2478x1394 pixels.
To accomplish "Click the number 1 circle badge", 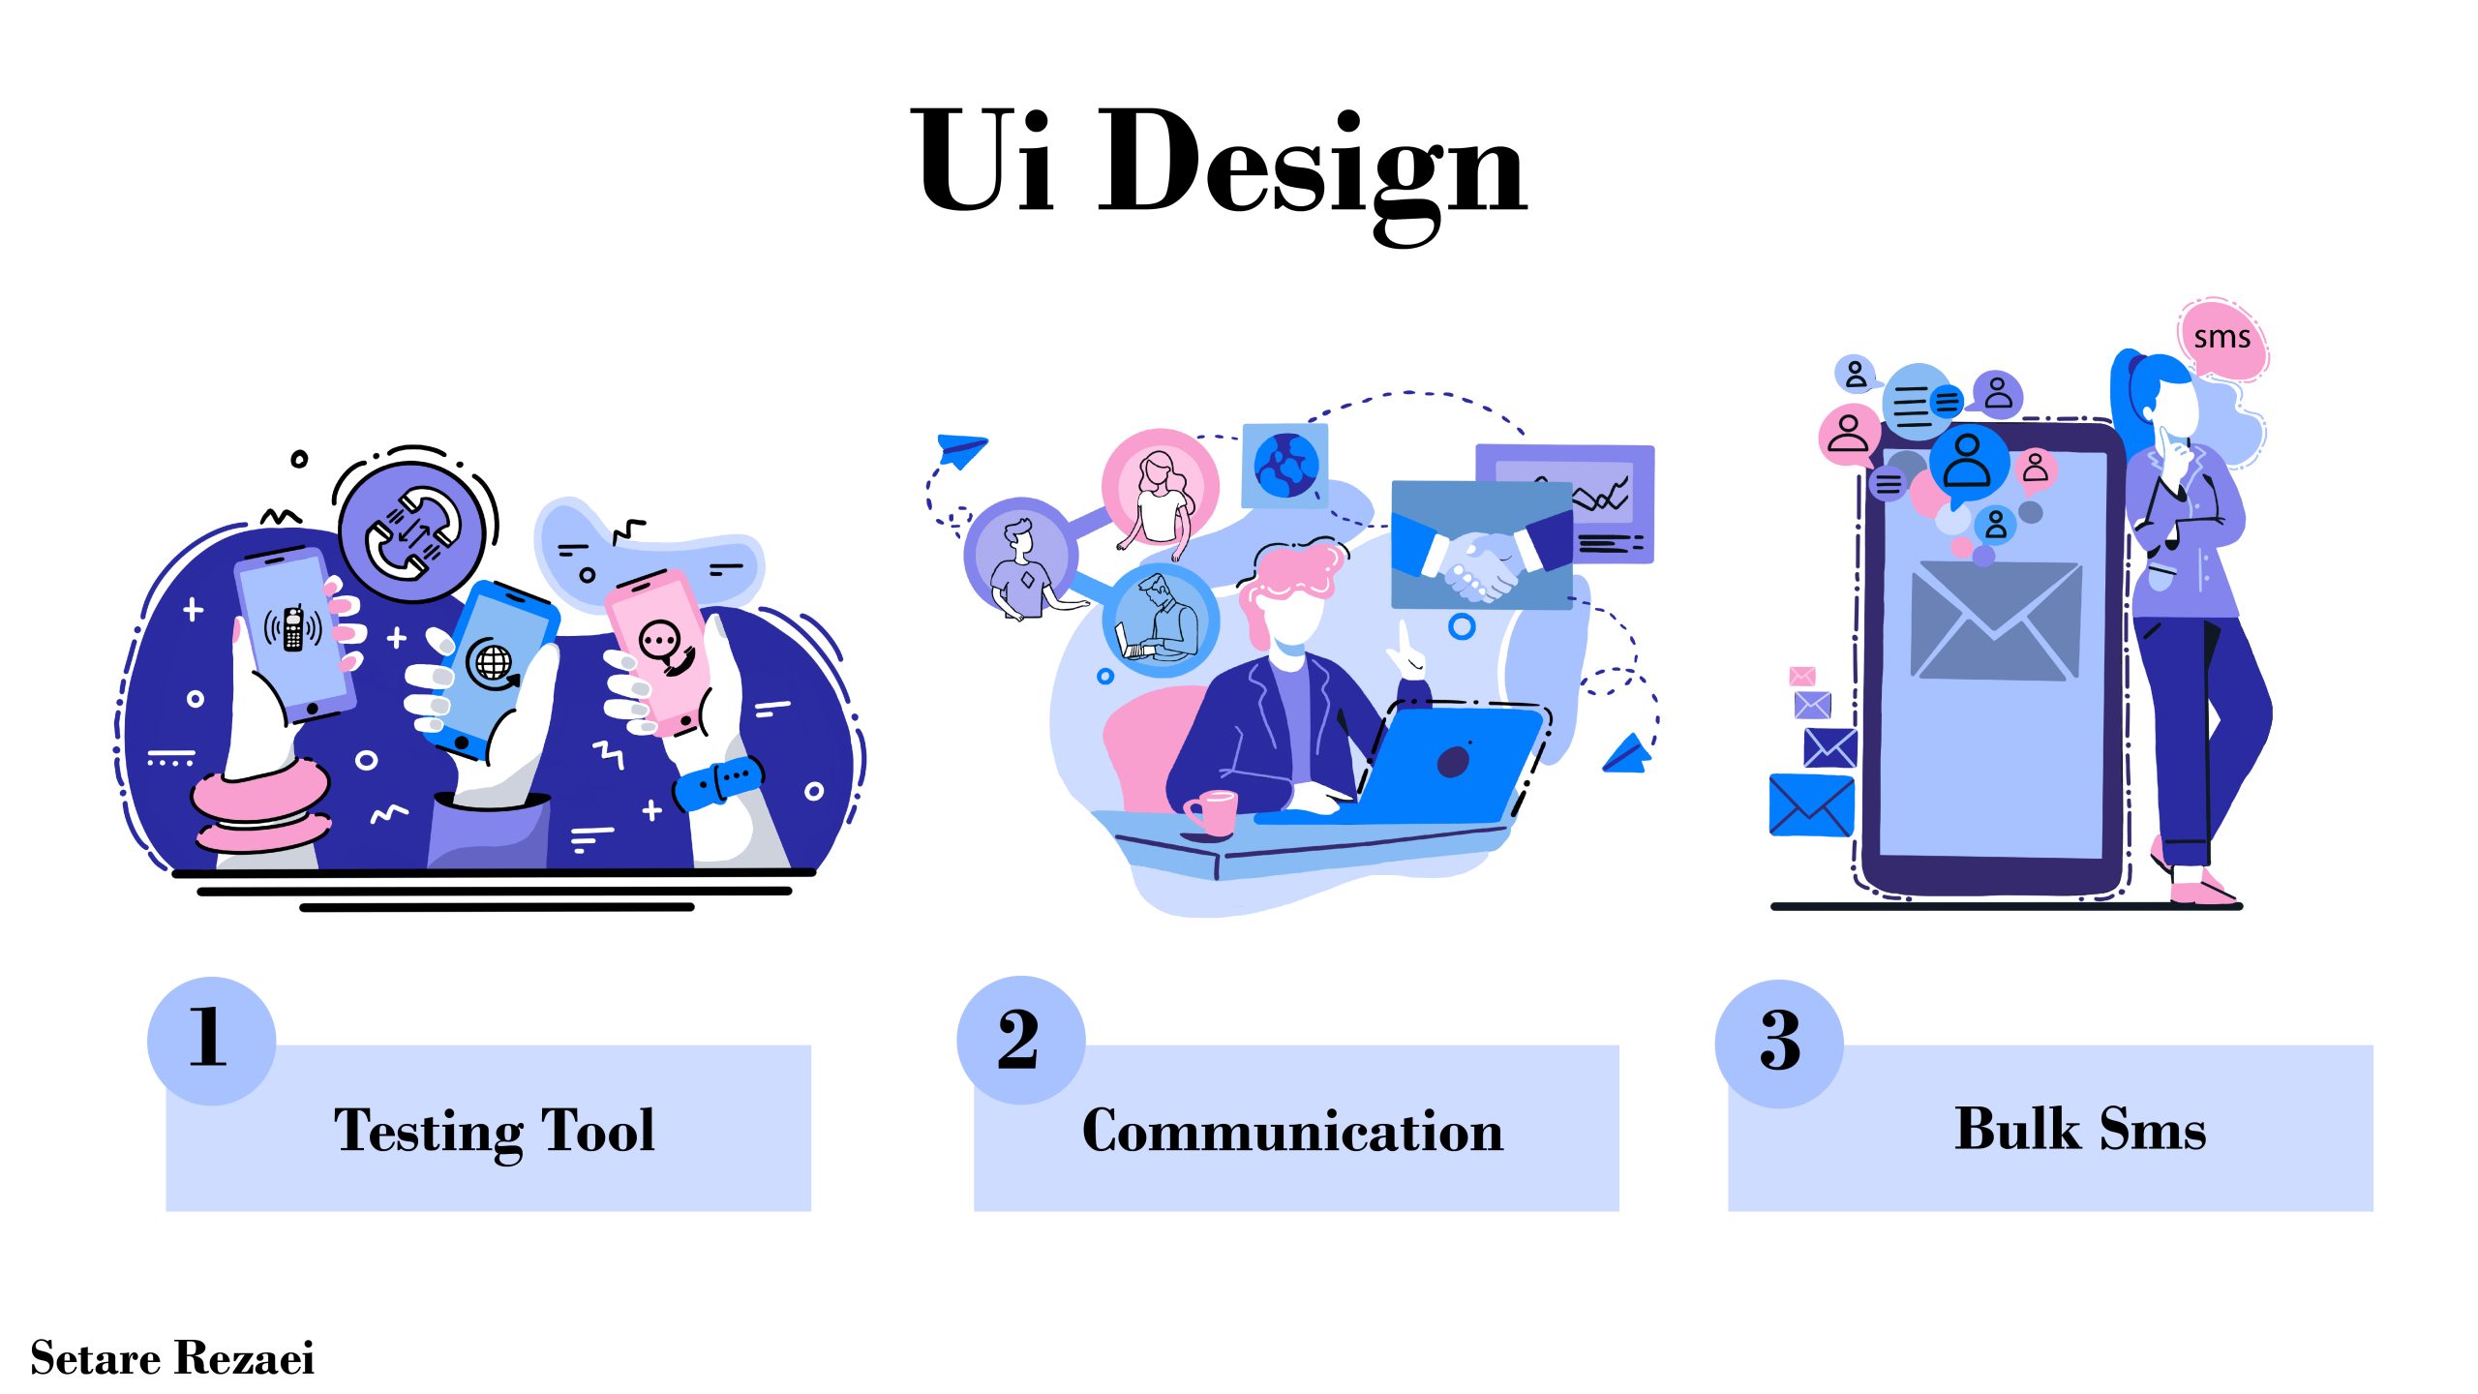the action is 211,1041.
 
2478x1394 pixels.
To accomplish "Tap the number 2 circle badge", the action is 1020,1040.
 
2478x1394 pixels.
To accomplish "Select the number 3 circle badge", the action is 1779,1044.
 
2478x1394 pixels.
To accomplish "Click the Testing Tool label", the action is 495,1131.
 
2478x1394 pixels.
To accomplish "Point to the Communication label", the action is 1293,1131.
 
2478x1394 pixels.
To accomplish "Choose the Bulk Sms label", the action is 2081,1129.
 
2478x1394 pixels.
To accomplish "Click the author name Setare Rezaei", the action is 172,1358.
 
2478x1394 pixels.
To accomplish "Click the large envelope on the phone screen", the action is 1996,621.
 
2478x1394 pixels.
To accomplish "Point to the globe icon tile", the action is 1285,466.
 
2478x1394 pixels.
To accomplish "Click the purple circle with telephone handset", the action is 412,531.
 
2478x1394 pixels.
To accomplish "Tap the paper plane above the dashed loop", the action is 960,449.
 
